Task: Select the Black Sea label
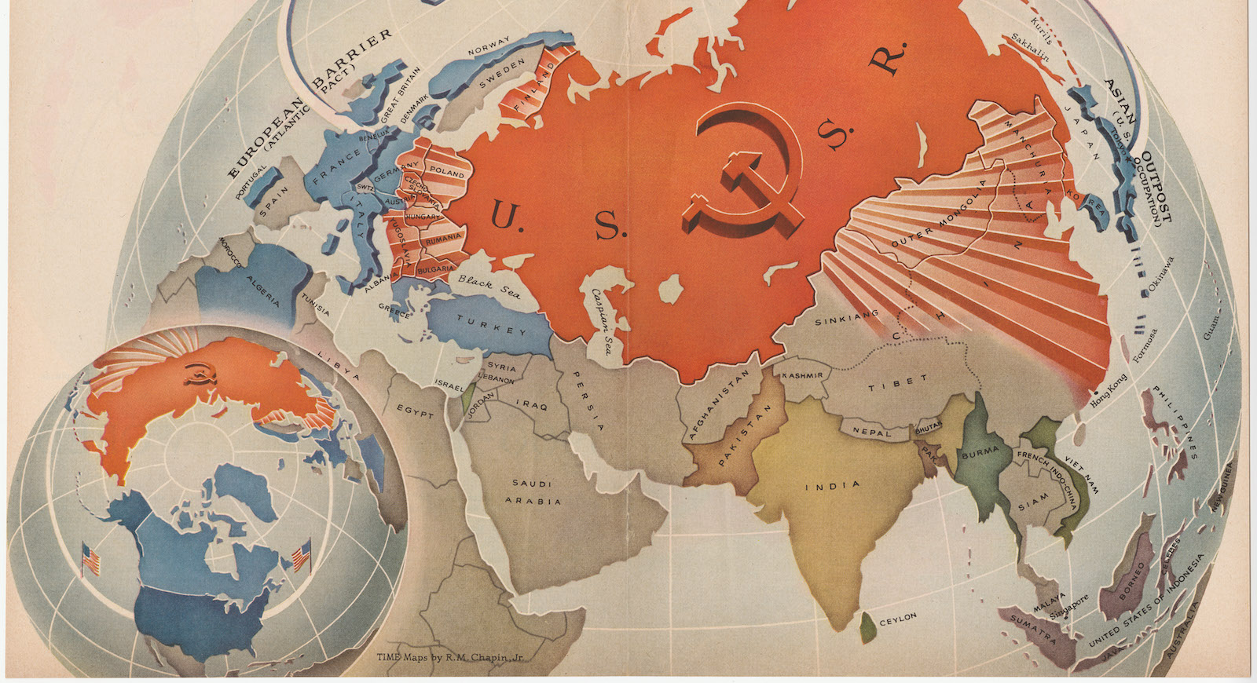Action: tap(489, 287)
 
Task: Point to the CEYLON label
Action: tap(897, 619)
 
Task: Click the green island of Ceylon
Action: tap(867, 626)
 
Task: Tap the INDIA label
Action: tap(832, 486)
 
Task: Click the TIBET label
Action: tap(892, 384)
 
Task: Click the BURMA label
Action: tap(980, 453)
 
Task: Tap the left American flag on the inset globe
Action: tap(92, 559)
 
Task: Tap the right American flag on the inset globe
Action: tap(301, 556)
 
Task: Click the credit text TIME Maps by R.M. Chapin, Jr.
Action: tap(449, 658)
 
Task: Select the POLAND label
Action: tap(446, 172)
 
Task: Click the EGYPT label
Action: tap(414, 411)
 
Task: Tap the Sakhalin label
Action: tap(1030, 46)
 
